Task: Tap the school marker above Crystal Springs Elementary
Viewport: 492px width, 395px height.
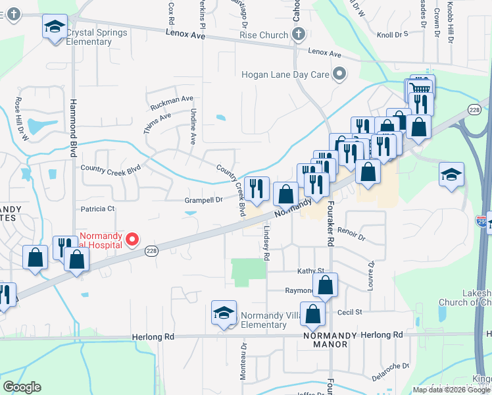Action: coord(55,28)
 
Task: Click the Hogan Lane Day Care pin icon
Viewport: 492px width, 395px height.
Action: coord(339,74)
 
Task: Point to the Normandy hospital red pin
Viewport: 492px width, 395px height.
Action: coord(132,240)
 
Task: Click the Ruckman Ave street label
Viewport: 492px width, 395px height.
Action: coord(172,103)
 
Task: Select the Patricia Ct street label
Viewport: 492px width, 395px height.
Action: coord(97,209)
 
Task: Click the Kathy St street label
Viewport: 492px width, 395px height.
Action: coord(311,271)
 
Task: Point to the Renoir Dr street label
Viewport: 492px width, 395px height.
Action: coord(351,232)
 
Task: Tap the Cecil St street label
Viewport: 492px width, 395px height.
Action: coord(349,312)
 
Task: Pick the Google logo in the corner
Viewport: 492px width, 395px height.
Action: coord(22,387)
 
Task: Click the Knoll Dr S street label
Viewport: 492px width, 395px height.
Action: coord(393,34)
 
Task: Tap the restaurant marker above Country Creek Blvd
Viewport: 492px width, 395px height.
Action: coord(257,189)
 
